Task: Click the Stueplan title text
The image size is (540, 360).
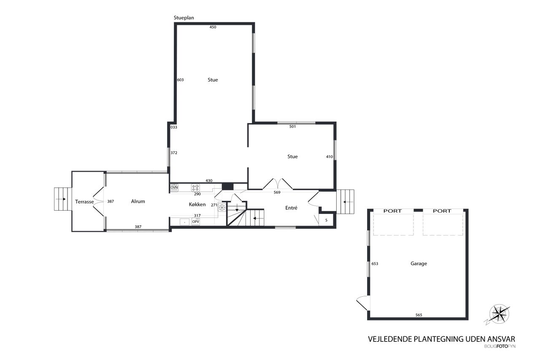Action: click(x=184, y=18)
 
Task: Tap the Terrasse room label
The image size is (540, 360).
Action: click(x=84, y=202)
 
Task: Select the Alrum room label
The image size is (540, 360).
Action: click(x=138, y=201)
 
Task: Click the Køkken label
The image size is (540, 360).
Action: click(x=197, y=204)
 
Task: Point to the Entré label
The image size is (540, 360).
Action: click(x=291, y=208)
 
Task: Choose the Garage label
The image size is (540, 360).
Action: click(x=419, y=263)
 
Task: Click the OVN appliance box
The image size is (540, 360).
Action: click(x=174, y=187)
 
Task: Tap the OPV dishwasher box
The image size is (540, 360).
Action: click(x=195, y=222)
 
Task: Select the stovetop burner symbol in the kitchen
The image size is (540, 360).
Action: click(x=195, y=187)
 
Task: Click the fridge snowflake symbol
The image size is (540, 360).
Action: click(x=222, y=207)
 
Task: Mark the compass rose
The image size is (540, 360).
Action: click(x=499, y=314)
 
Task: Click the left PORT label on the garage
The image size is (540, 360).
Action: click(x=392, y=211)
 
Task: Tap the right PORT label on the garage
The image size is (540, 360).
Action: click(x=442, y=211)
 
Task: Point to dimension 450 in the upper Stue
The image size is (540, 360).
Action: click(x=213, y=27)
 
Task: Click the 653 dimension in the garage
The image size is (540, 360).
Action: click(x=375, y=263)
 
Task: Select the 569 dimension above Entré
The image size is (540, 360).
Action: click(x=277, y=192)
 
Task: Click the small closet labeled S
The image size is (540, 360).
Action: click(x=327, y=220)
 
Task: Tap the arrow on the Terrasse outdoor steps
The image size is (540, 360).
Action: click(x=60, y=199)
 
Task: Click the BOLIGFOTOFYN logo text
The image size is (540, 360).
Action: click(x=500, y=346)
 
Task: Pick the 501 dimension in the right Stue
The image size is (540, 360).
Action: click(x=292, y=127)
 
